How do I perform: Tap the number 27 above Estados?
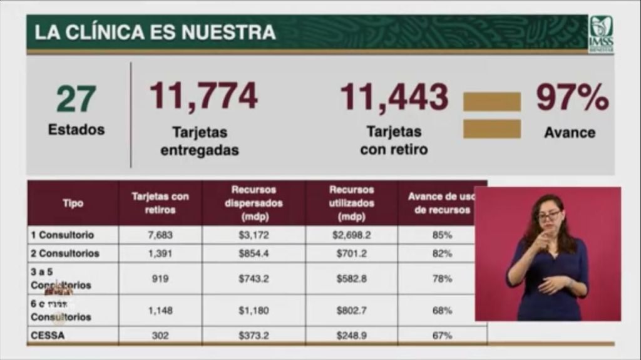tap(76, 99)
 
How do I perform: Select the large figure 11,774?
tap(203, 96)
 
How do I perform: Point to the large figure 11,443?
tap(394, 97)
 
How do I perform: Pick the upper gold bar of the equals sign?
tap(491, 101)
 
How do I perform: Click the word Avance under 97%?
tap(570, 133)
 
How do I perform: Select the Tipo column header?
tap(73, 203)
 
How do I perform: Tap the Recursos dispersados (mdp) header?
tap(254, 203)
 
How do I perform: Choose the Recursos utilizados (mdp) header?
tap(351, 203)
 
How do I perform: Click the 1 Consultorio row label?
tap(63, 235)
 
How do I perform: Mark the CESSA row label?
tap(48, 336)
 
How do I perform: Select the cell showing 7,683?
tap(160, 235)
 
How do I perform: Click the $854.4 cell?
tap(254, 254)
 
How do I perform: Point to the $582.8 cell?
tap(351, 279)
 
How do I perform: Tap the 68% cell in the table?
tap(442, 310)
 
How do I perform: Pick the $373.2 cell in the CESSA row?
tap(254, 336)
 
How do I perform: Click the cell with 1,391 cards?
tap(160, 254)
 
